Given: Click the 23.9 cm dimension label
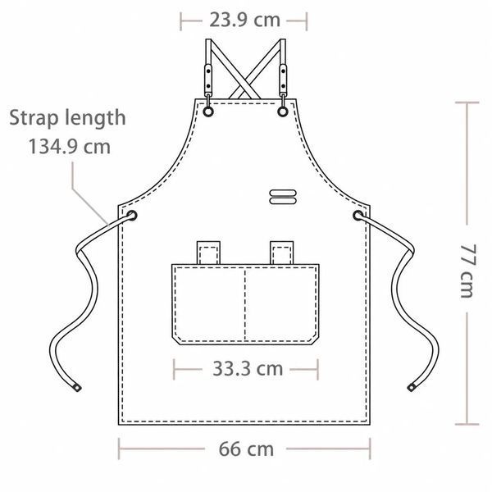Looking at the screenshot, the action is point(244,20).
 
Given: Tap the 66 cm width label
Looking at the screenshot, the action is point(246,449).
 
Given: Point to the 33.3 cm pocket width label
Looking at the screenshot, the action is point(248,369).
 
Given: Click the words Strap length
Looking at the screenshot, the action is point(67,118).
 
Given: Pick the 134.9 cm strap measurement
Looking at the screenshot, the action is point(70,147).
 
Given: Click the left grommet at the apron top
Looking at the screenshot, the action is point(208,112).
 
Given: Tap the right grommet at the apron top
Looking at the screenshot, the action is point(283,112).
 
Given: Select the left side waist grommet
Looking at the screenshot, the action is point(132,216).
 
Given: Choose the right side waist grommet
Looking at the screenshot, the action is point(358,216).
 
